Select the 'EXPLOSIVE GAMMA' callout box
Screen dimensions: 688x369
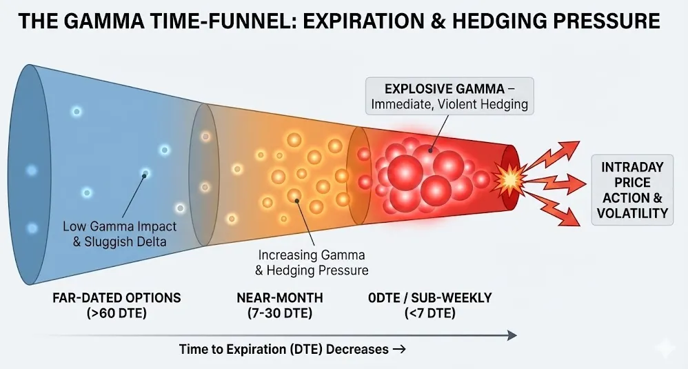pyautogui.click(x=449, y=96)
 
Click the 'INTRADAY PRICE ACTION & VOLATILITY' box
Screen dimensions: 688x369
pyautogui.click(x=632, y=190)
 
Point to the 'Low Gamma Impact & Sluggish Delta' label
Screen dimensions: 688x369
pyautogui.click(x=119, y=234)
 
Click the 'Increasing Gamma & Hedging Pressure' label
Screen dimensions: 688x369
pyautogui.click(x=312, y=262)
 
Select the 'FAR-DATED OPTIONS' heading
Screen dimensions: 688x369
pyautogui.click(x=117, y=298)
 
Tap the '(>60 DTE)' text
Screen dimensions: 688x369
pyautogui.click(x=117, y=313)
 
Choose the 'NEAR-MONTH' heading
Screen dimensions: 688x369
pyautogui.click(x=280, y=298)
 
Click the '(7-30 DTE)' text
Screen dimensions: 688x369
pyautogui.click(x=280, y=313)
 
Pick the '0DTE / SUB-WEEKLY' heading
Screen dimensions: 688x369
pyautogui.click(x=430, y=298)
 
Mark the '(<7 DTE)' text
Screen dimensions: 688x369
pyautogui.click(x=430, y=313)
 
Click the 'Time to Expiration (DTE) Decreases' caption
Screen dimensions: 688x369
pyautogui.click(x=284, y=349)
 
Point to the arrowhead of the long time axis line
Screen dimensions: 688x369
pyautogui.click(x=512, y=336)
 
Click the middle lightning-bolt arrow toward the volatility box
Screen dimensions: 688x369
pyautogui.click(x=556, y=181)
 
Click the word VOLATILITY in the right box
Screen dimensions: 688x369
pyautogui.click(x=632, y=213)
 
